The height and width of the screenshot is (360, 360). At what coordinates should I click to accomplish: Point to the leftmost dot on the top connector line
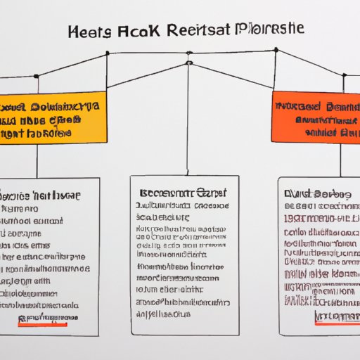click(x=107, y=53)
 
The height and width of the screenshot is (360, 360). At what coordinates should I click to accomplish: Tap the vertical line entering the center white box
click(x=188, y=120)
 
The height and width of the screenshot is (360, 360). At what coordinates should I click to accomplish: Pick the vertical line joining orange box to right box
click(x=340, y=159)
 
